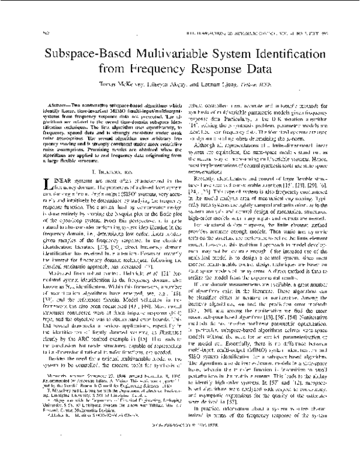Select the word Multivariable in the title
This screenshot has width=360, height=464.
[164, 53]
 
